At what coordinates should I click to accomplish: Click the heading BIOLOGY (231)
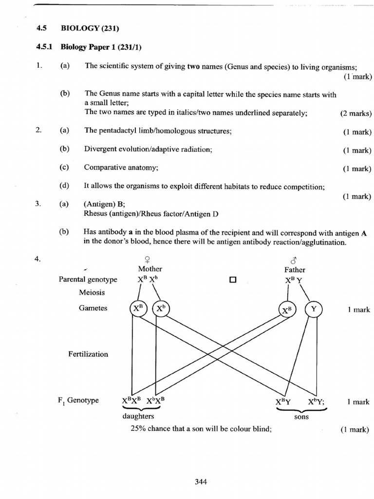click(x=90, y=28)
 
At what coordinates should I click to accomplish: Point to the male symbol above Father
click(x=295, y=260)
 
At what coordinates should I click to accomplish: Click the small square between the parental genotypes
click(x=232, y=280)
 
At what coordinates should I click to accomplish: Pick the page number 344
click(x=201, y=482)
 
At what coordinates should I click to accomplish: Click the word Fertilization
click(x=88, y=354)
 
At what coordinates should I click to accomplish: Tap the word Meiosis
click(x=92, y=293)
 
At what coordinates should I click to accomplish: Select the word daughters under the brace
click(x=138, y=416)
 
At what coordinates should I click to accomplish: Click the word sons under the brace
click(x=301, y=417)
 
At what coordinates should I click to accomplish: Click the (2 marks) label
click(x=355, y=114)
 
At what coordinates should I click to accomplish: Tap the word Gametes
click(x=93, y=308)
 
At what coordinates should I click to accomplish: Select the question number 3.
click(x=37, y=205)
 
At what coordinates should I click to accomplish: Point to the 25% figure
click(x=138, y=429)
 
